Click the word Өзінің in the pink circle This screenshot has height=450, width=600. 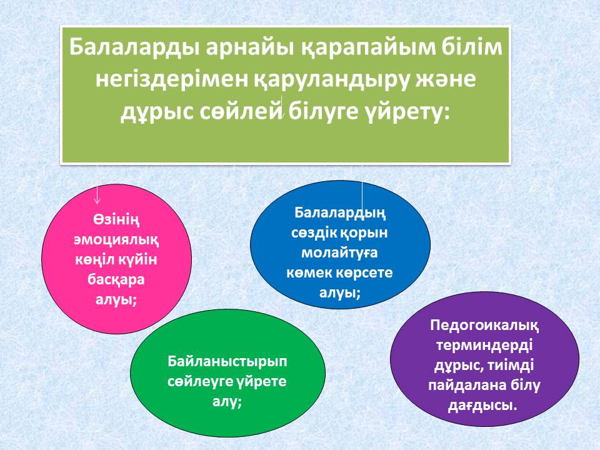[116, 220]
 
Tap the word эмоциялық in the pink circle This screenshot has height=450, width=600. [116, 240]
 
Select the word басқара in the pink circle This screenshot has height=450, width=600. [116, 280]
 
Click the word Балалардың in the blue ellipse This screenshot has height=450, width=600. [340, 212]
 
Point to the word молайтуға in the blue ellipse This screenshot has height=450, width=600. [340, 252]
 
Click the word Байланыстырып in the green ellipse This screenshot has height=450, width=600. [227, 362]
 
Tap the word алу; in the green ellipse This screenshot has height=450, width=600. [227, 402]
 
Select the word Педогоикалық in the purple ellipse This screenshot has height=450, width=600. [484, 326]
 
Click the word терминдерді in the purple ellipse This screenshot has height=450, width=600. [484, 346]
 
